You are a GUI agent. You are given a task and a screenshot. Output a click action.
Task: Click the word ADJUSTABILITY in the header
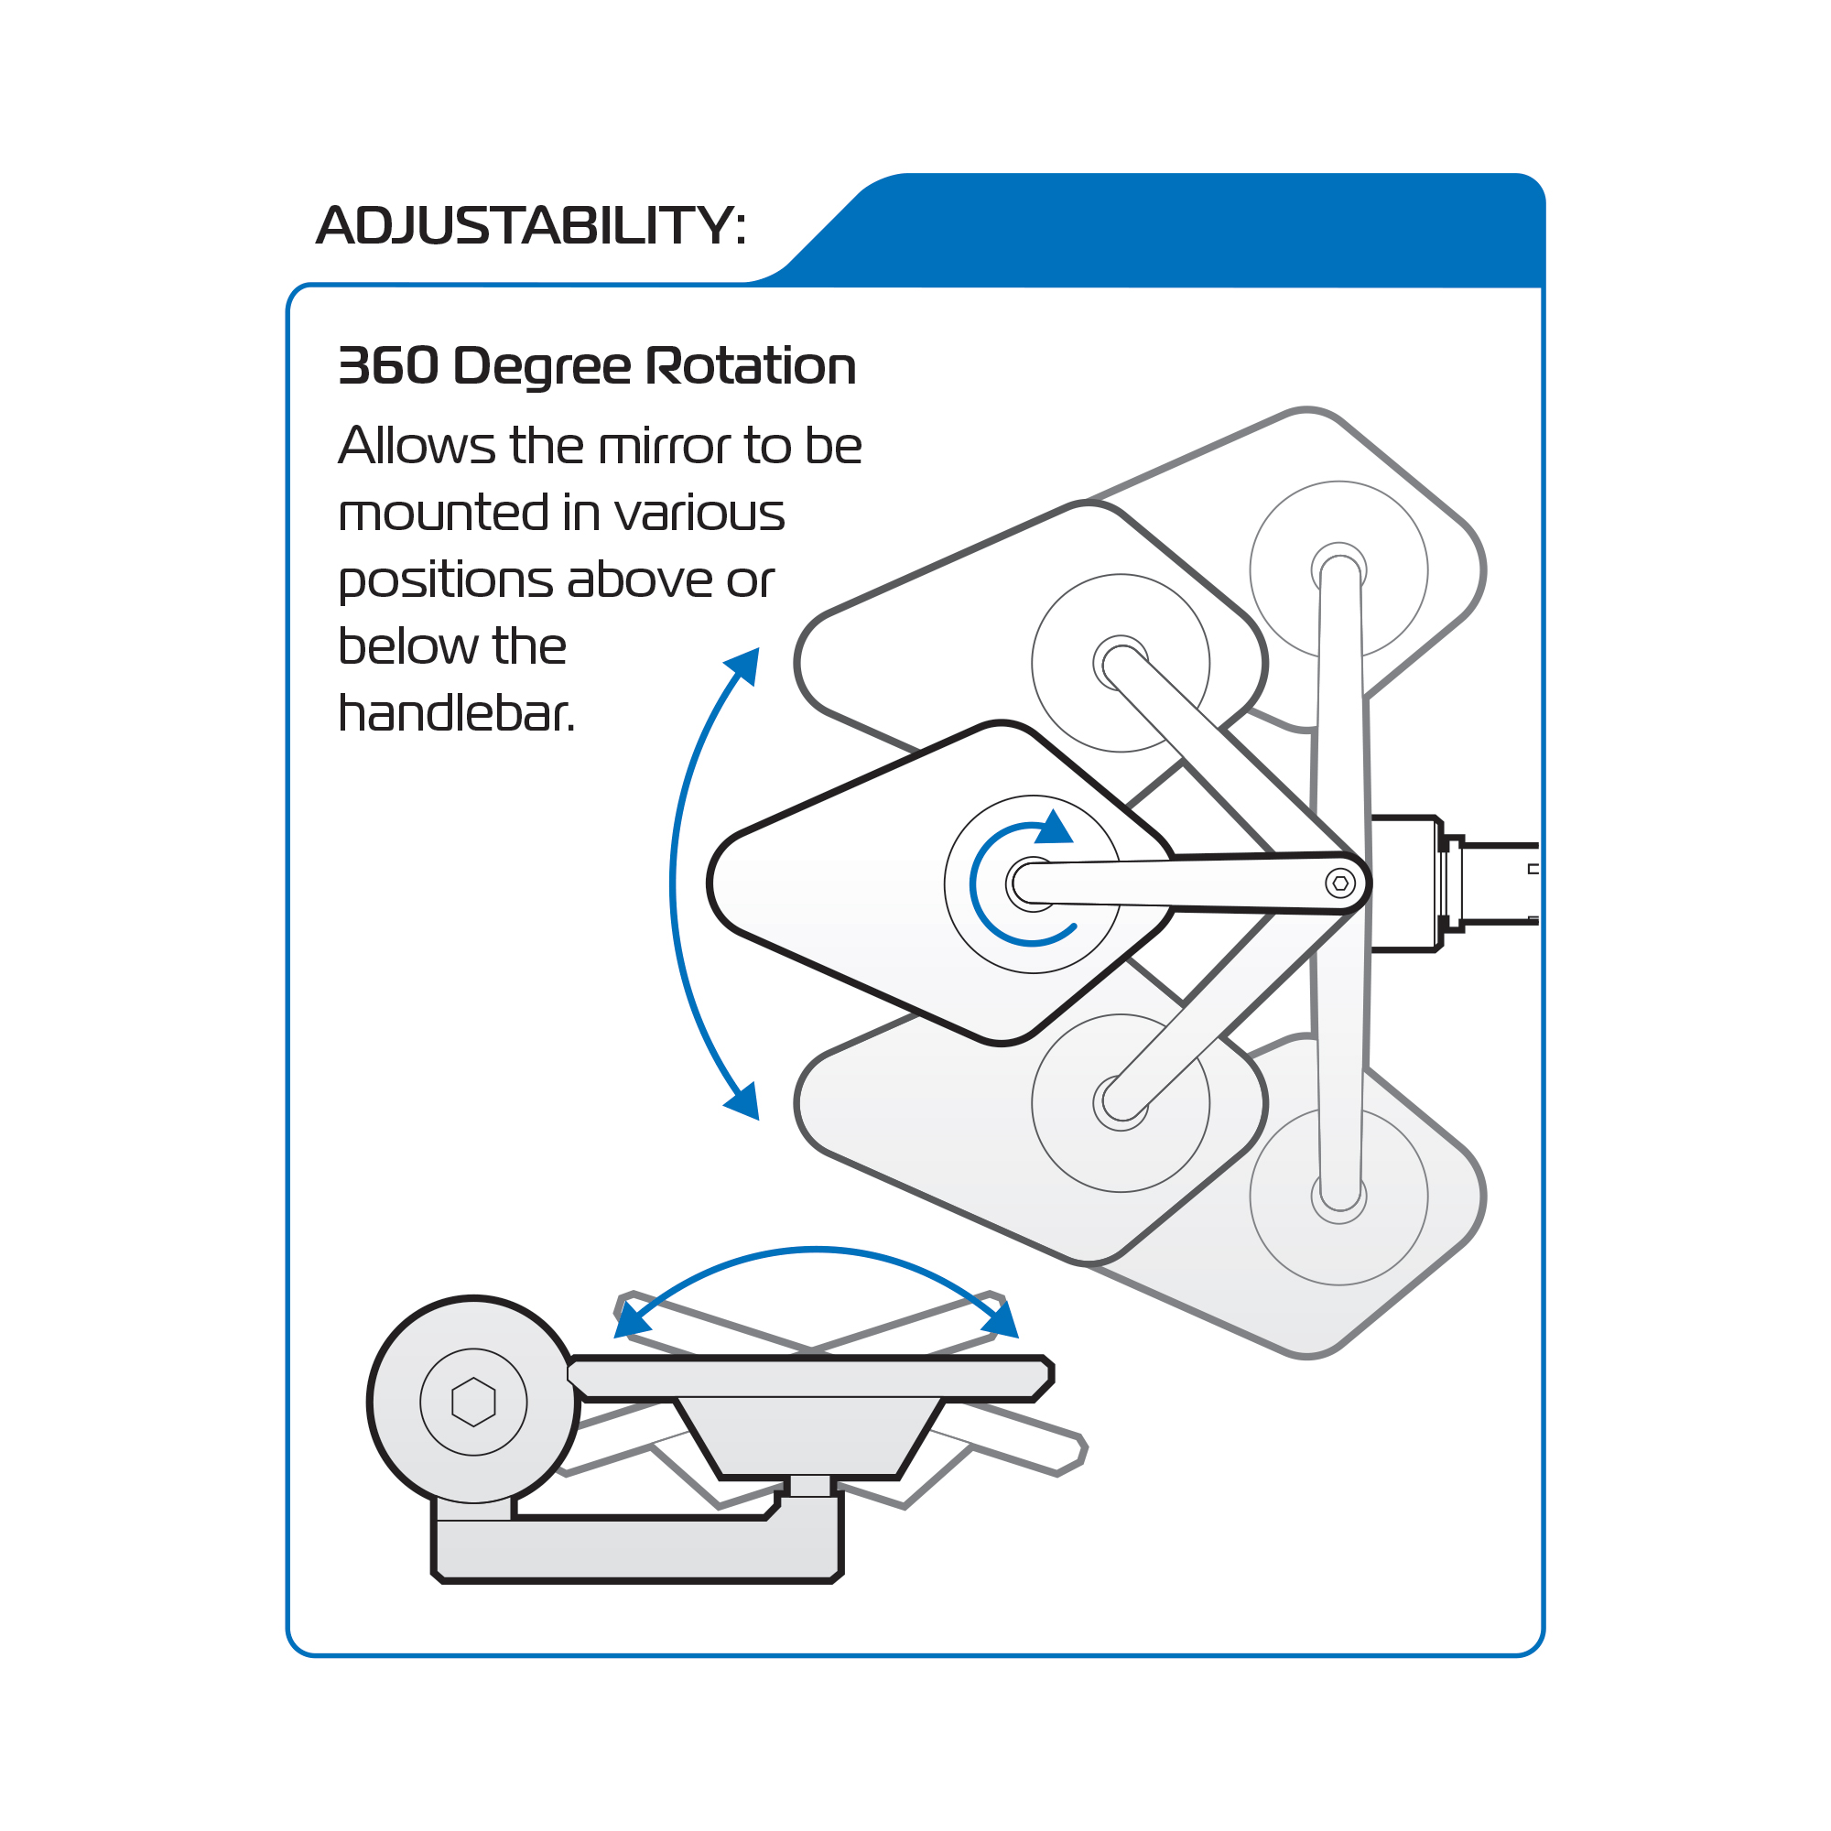(524, 225)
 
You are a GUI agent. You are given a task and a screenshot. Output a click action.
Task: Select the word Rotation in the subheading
(751, 366)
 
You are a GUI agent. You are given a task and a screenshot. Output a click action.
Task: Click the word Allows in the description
(417, 446)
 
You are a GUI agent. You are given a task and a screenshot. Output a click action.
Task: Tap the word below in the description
(408, 646)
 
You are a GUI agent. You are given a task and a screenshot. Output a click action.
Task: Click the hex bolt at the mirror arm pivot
(1340, 883)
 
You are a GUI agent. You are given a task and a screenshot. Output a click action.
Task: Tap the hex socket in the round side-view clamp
(474, 1402)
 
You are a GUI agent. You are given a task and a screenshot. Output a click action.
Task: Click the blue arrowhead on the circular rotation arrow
(1053, 828)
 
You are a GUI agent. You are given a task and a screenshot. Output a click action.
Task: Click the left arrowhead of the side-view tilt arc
(631, 1319)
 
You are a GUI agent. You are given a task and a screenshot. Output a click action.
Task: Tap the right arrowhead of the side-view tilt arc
(1001, 1319)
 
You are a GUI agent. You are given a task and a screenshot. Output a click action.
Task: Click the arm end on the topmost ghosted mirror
(1339, 570)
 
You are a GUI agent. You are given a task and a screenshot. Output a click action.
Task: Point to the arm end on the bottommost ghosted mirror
(1339, 1196)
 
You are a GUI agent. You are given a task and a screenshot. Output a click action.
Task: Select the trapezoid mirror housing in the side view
(809, 1436)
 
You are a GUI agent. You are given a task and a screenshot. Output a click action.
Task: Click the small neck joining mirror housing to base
(810, 1486)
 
